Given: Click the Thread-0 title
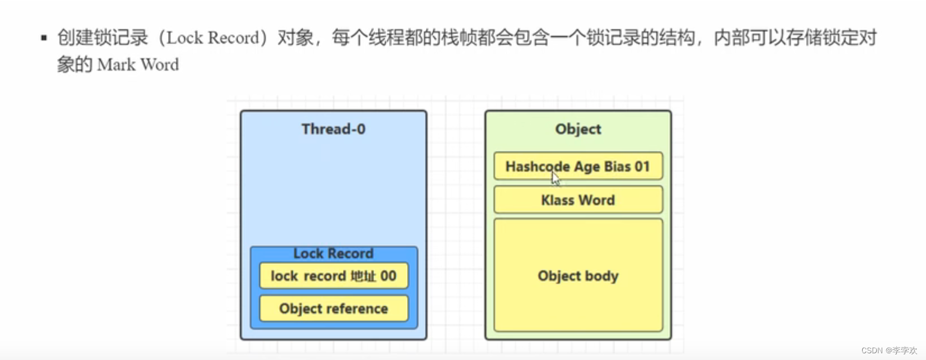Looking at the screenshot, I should (333, 129).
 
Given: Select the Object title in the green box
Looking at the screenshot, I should (578, 129).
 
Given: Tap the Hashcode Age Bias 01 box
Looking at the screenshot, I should (578, 167).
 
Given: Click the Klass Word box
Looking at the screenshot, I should (578, 200).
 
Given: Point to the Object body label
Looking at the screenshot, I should (578, 276).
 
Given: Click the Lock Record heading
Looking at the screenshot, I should (333, 253).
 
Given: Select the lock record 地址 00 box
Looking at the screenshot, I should (333, 276).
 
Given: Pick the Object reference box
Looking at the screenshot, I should (334, 308).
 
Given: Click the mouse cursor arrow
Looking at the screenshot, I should (555, 178).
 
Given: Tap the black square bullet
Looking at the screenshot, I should (44, 38).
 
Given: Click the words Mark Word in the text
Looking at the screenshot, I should (138, 64).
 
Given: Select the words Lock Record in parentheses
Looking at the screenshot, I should (213, 38).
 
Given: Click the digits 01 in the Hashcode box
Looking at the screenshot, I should (642, 167).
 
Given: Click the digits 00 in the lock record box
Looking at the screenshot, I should (388, 276).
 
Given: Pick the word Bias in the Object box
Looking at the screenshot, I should (617, 167).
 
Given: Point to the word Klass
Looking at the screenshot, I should (558, 200).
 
